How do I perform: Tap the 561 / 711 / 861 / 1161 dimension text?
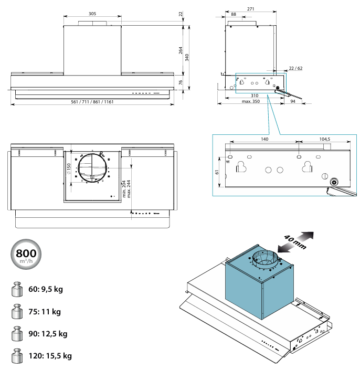[x=92, y=101]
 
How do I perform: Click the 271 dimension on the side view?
[x=250, y=9]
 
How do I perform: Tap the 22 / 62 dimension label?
[x=295, y=68]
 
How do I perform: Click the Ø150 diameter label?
[x=69, y=169]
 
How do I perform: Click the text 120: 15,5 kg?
[x=50, y=356]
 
